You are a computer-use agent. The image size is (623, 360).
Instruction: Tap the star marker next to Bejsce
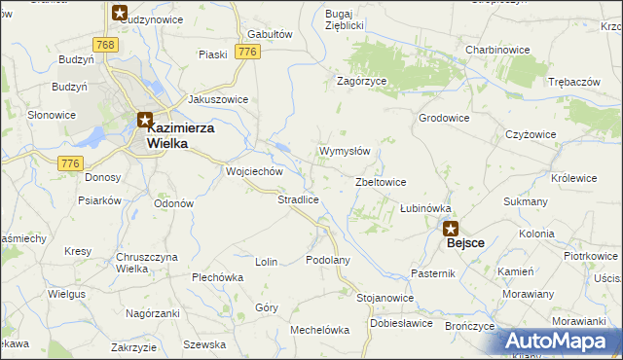point(451,229)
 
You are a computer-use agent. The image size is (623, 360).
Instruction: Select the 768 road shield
point(106,45)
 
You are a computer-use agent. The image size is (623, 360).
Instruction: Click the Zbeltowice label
point(381,182)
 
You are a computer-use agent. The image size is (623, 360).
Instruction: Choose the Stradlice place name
point(299,199)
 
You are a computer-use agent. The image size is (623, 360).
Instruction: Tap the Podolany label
point(327,260)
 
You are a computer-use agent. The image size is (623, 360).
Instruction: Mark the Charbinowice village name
point(496,49)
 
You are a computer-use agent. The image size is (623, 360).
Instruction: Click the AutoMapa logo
point(560,342)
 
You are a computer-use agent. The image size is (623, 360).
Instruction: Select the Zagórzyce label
point(363,83)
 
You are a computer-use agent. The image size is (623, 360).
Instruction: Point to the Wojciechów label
point(253,171)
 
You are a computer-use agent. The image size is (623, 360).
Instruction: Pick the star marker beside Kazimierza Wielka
point(145,122)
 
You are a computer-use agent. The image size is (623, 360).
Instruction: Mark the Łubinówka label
point(425,208)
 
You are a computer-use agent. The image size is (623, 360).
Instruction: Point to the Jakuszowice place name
point(218,99)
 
